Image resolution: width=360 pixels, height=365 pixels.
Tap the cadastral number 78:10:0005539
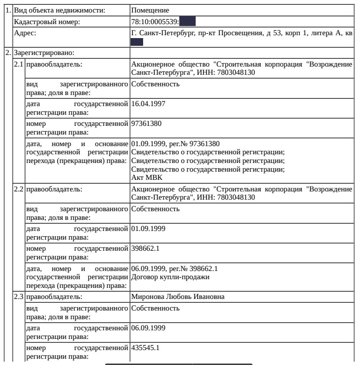coord(155,22)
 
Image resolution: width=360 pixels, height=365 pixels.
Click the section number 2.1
coord(19,64)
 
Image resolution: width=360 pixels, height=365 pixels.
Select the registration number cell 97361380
coord(147,124)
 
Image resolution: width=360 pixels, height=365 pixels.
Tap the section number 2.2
coord(19,189)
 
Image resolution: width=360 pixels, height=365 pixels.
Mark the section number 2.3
coord(19,296)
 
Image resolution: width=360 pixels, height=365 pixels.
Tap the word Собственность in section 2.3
coord(156,308)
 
